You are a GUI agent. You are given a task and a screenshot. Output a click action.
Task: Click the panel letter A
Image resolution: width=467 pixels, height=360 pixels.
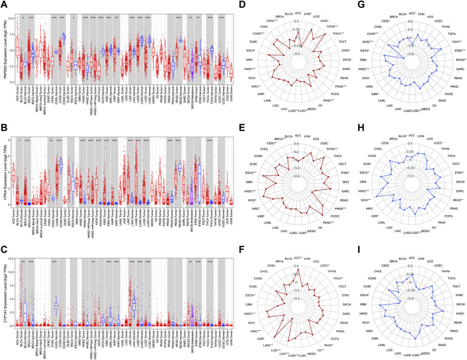(5, 5)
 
